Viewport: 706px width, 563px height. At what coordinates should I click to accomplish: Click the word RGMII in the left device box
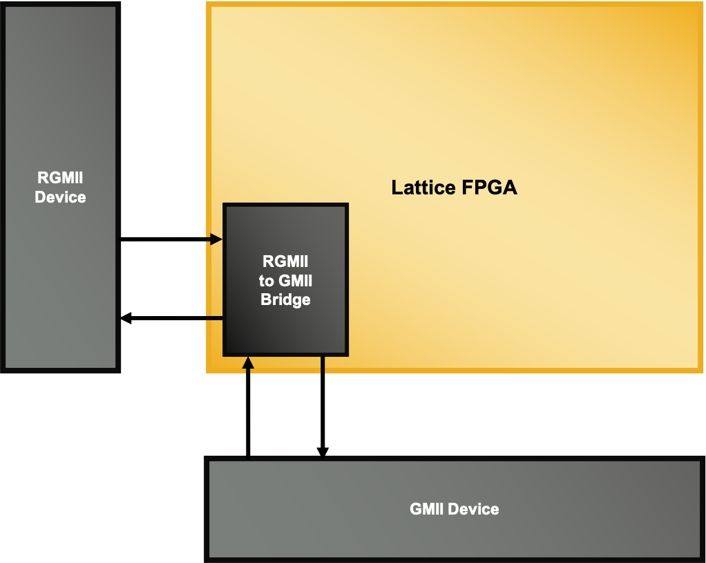pyautogui.click(x=60, y=179)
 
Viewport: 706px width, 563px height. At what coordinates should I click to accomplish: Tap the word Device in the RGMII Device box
pyautogui.click(x=60, y=198)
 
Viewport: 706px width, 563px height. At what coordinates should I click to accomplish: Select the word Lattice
pyautogui.click(x=423, y=188)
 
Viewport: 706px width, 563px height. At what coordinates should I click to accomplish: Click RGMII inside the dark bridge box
pyautogui.click(x=285, y=262)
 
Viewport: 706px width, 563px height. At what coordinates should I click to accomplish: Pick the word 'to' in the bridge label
pyautogui.click(x=266, y=281)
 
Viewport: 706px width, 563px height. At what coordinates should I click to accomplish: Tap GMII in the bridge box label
pyautogui.click(x=296, y=281)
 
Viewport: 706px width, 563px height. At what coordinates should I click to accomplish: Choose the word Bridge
pyautogui.click(x=285, y=300)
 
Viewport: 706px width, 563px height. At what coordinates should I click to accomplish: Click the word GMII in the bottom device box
pyautogui.click(x=426, y=510)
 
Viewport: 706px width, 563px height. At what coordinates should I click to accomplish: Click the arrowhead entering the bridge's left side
pyautogui.click(x=216, y=239)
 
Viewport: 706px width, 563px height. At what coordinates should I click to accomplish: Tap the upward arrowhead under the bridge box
pyautogui.click(x=248, y=363)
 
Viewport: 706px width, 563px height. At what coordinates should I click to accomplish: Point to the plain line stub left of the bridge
pyautogui.click(x=214, y=318)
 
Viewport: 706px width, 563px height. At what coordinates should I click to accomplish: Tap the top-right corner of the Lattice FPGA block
pyautogui.click(x=701, y=3)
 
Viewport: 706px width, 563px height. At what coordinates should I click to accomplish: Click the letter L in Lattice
pyautogui.click(x=397, y=188)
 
